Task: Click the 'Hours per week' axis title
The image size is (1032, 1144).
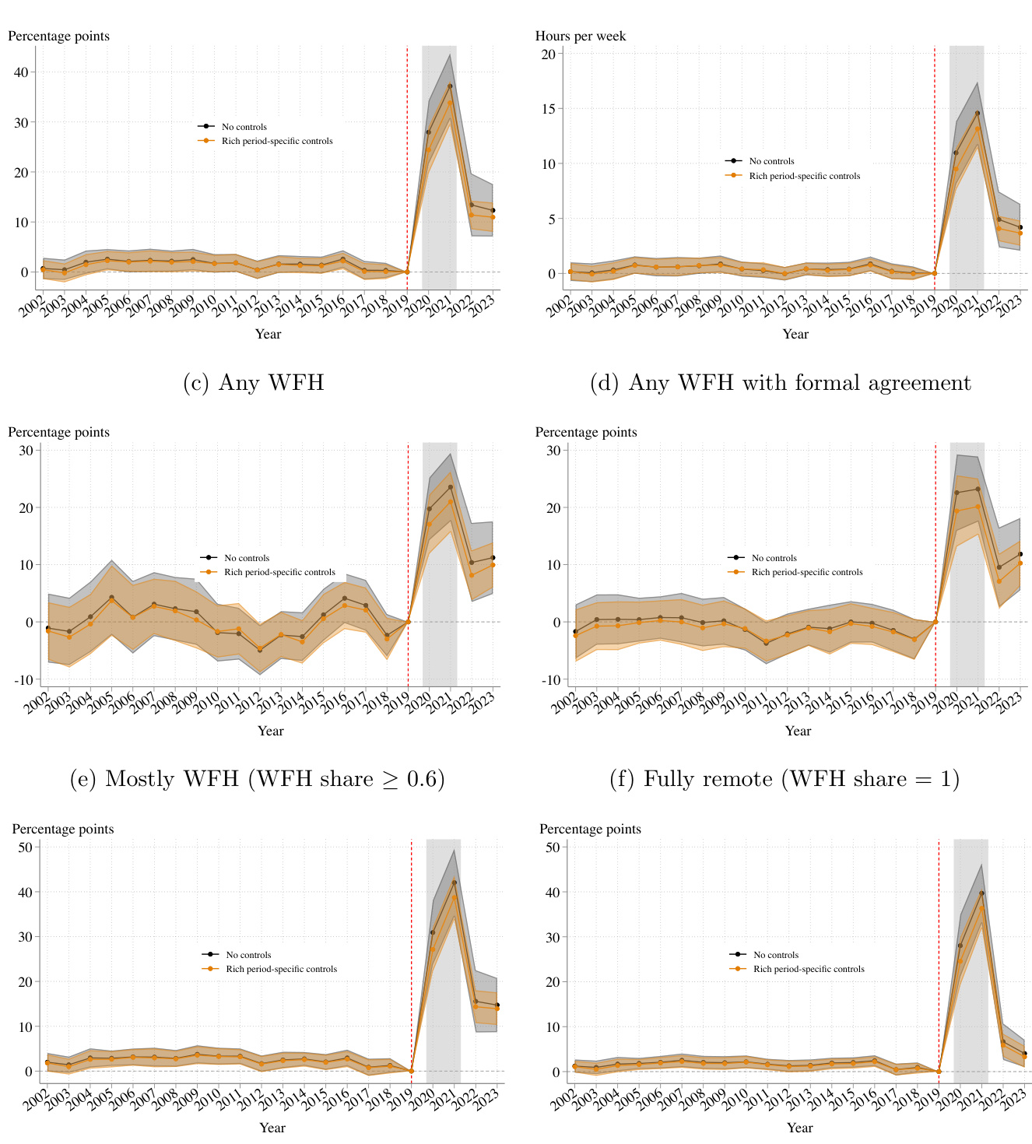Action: coord(580,36)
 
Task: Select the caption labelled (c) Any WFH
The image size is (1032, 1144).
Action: coord(253,382)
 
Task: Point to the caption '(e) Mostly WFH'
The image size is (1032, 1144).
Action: coord(257,779)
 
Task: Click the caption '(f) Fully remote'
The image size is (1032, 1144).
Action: coord(785,779)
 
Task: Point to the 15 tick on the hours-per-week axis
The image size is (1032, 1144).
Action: coord(548,109)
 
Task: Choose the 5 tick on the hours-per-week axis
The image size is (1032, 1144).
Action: coord(551,219)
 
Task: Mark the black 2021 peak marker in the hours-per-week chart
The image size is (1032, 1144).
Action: coord(978,114)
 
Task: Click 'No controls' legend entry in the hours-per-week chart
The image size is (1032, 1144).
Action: coord(771,161)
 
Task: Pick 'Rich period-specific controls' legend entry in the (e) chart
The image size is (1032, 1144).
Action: coord(279,572)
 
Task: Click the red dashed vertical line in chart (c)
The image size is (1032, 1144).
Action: coord(407,156)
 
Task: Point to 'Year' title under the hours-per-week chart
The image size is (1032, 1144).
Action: coord(795,334)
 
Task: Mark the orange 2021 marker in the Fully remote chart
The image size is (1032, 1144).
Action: coord(978,507)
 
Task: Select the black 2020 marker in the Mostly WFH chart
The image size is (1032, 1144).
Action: coord(429,509)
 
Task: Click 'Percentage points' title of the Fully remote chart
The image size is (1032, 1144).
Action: coord(585,432)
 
